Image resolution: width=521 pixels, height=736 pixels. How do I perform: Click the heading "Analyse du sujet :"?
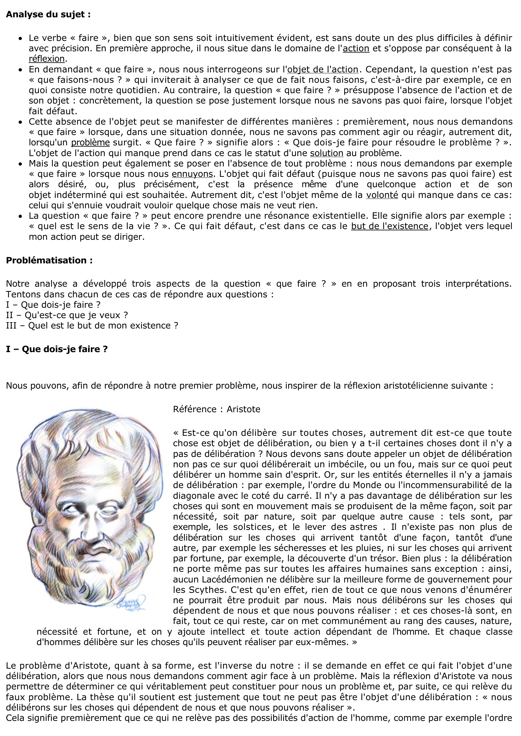[48, 14]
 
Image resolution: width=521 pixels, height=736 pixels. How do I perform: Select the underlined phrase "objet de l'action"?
[323, 70]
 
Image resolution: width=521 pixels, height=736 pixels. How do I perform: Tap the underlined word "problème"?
[90, 143]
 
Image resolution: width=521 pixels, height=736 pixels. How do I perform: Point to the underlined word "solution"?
[327, 153]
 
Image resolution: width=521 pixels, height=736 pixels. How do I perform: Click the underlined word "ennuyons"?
[192, 174]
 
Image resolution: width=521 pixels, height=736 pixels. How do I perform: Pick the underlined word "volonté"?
[382, 195]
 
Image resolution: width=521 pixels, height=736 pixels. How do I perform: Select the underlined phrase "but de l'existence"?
[389, 226]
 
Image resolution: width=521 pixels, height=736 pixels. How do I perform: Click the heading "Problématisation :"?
[49, 260]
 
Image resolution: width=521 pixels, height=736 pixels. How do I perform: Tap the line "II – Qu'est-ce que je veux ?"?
[67, 315]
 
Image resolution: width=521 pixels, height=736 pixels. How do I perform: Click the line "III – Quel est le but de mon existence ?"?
[92, 326]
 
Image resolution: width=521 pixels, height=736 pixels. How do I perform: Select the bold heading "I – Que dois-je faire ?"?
[57, 349]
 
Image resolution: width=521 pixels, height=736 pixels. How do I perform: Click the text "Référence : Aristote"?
[216, 409]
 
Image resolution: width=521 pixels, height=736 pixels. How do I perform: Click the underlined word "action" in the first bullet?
[356, 48]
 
